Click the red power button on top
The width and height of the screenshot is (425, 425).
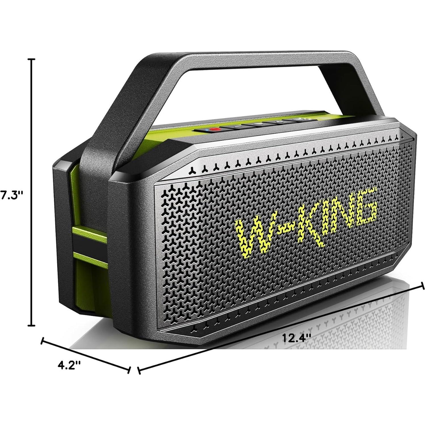coord(216,129)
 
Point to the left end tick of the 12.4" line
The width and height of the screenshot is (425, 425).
coord(139,371)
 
